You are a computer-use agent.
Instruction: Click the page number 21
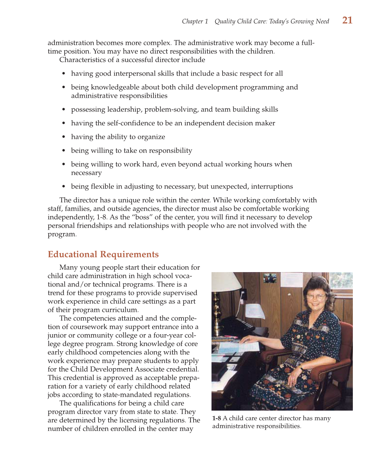click(x=347, y=20)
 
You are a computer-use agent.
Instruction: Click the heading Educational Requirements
click(x=103, y=255)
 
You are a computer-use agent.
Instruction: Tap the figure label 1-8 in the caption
click(x=216, y=418)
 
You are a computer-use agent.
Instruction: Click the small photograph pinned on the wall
click(x=270, y=278)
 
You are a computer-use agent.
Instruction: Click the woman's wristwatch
click(x=301, y=367)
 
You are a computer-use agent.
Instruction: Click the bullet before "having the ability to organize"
click(x=64, y=137)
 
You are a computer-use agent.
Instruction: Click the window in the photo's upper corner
click(x=341, y=280)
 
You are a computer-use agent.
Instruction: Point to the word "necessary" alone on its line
click(x=86, y=173)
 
